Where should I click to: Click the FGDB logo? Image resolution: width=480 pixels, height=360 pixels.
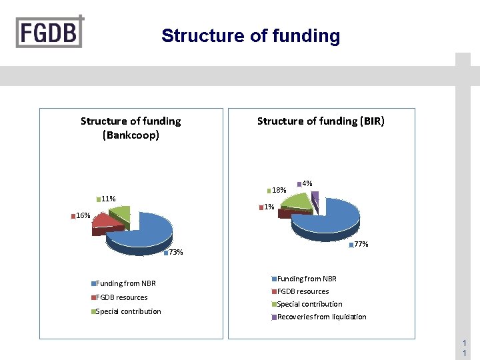pyautogui.click(x=50, y=31)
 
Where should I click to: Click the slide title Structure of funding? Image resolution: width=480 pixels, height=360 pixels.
pyautogui.click(x=251, y=36)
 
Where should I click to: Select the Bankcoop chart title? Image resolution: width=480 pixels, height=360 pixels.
pyautogui.click(x=131, y=128)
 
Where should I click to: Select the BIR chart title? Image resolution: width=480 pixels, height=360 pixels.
pyautogui.click(x=321, y=121)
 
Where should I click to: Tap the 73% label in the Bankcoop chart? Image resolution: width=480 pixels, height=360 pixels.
pyautogui.click(x=175, y=252)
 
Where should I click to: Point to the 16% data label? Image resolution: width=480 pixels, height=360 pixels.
pyautogui.click(x=83, y=215)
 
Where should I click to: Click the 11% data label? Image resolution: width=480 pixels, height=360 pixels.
pyautogui.click(x=108, y=199)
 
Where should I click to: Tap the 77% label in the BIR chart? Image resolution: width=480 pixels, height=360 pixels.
pyautogui.click(x=361, y=245)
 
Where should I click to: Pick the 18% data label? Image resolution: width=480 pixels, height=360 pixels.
pyautogui.click(x=279, y=191)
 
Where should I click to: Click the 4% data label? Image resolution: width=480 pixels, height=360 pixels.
pyautogui.click(x=307, y=183)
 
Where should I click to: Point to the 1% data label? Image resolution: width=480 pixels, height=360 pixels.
pyautogui.click(x=269, y=207)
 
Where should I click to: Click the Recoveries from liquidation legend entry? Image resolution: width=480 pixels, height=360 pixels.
pyautogui.click(x=321, y=317)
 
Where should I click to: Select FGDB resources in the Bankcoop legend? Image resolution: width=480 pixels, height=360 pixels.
pyautogui.click(x=121, y=297)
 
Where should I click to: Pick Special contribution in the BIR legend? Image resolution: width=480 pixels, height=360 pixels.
pyautogui.click(x=309, y=304)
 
